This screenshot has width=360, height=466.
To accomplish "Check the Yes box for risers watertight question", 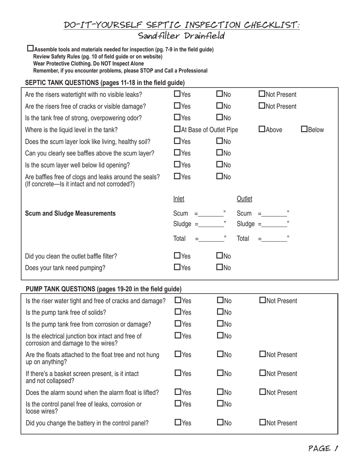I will [x=177, y=94].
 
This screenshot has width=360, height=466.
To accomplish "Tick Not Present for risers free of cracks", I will [x=262, y=106].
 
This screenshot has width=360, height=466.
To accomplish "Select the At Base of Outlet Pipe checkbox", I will [x=177, y=130].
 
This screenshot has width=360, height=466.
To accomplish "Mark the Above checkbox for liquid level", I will [x=262, y=130].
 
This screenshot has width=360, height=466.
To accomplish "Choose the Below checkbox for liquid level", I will [x=304, y=130].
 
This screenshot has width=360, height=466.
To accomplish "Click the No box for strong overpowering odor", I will [x=219, y=118].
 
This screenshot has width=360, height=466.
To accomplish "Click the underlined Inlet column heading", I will [x=178, y=199].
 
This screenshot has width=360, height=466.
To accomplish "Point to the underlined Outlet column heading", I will [x=244, y=199].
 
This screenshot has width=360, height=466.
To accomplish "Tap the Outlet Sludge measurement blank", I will [x=274, y=224].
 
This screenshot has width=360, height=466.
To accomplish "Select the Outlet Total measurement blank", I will [x=274, y=239].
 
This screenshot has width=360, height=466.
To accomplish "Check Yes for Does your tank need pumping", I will [x=177, y=267].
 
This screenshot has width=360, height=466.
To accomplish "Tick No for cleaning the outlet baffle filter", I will [x=219, y=256].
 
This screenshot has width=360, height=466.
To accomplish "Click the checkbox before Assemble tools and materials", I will [x=31, y=48].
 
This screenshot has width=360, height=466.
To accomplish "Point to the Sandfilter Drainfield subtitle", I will [x=182, y=36].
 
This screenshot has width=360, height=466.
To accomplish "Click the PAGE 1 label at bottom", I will [x=323, y=449].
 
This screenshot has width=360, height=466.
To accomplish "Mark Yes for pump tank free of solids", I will [x=178, y=312].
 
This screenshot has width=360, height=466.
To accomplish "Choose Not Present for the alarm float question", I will [x=263, y=392].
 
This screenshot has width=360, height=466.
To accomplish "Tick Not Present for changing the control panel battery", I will [x=263, y=422].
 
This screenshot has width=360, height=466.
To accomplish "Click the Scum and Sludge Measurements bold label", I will [x=70, y=213].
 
